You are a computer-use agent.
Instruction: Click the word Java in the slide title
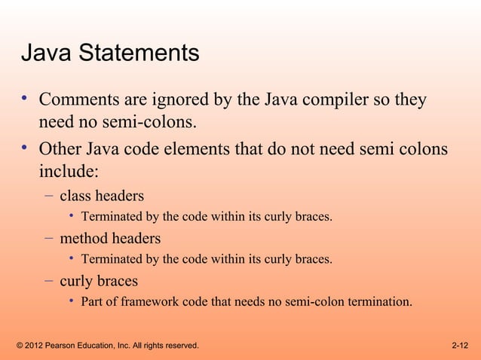45,53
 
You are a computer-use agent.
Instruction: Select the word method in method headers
83,239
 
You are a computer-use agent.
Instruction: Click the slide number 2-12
460,346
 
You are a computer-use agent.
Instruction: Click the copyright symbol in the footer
20,346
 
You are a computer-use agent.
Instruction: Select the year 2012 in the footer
35,346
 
